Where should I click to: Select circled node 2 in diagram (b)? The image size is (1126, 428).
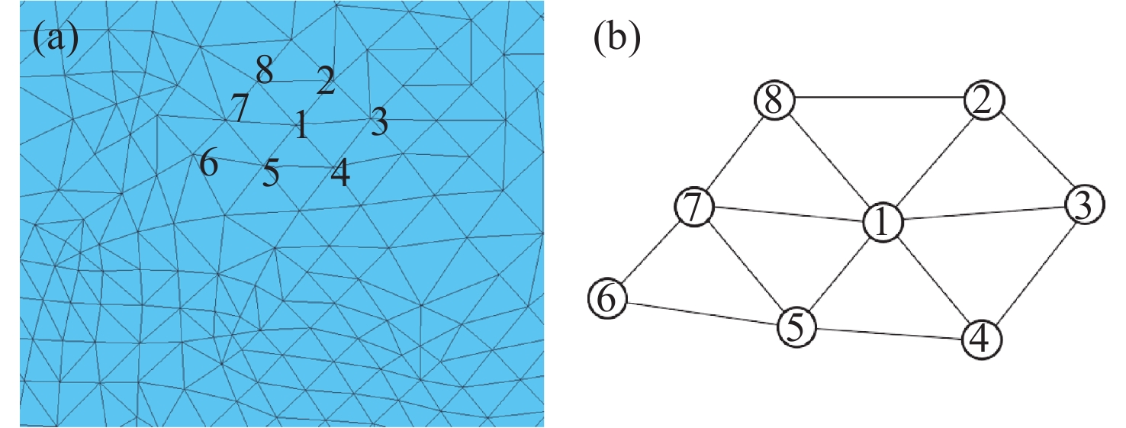pos(984,101)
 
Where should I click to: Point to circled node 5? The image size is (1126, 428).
pos(797,327)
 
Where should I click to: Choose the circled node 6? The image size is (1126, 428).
pos(607,298)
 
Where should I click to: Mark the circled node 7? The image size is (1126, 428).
pos(693,207)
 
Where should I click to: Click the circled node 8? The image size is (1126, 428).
pos(774,101)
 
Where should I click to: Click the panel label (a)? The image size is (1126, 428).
pos(56,38)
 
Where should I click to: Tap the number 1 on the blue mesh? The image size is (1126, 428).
pos(301,124)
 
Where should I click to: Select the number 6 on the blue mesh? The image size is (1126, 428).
pos(208,163)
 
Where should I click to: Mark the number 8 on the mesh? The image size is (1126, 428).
pos(265,72)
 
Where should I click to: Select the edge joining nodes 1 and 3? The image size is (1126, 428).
pos(984,214)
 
